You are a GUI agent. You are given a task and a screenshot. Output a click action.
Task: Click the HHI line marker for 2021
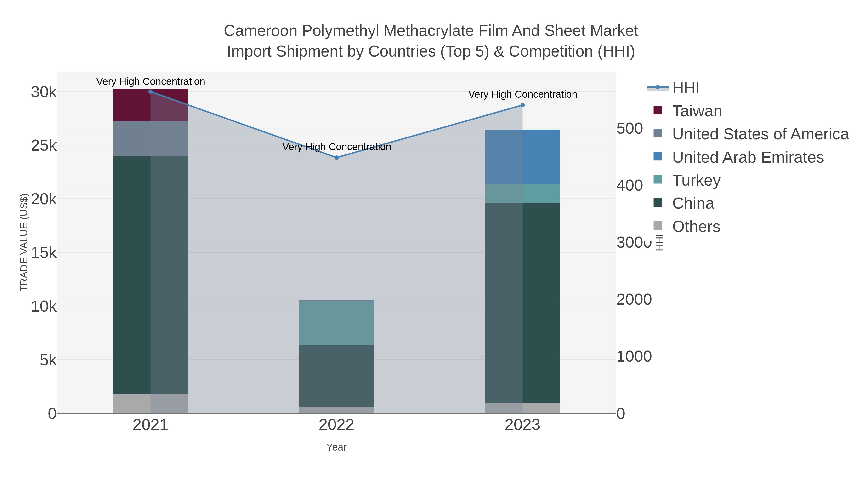coord(151,92)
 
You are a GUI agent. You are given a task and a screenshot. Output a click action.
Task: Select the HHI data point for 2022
coord(337,158)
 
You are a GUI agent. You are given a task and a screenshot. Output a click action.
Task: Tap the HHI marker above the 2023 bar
coord(522,105)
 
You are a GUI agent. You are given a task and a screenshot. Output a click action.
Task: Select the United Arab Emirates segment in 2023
coord(522,157)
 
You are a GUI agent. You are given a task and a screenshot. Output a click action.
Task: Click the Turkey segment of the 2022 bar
coord(336,323)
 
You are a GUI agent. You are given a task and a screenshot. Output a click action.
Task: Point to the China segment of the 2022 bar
coord(336,376)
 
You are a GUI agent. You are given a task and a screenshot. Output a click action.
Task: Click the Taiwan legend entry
coord(697,111)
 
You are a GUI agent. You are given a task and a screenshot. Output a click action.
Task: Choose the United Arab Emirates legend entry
coord(748,157)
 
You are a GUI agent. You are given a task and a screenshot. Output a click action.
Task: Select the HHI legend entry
coord(685,88)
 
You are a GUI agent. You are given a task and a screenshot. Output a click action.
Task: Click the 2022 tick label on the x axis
coord(336,425)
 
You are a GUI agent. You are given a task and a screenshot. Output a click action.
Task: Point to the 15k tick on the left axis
coord(44,253)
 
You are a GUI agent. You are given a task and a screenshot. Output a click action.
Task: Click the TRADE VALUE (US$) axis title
coord(24,242)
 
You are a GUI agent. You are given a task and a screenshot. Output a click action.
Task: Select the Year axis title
coord(336,447)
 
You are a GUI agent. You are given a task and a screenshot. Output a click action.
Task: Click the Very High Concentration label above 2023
coord(522,94)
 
